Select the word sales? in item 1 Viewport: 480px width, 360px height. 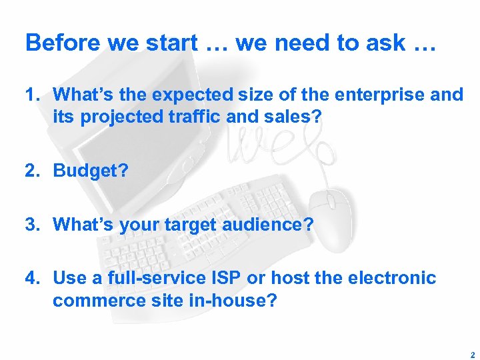point(292,117)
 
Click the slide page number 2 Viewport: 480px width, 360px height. point(471,355)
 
